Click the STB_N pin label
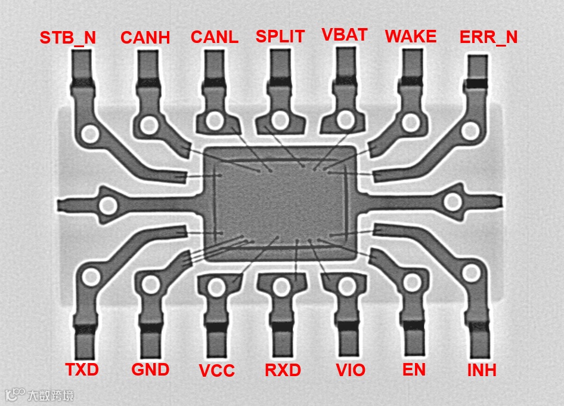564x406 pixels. (67, 38)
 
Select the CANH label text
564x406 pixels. (145, 38)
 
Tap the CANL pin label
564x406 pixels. (214, 36)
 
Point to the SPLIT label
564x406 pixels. (280, 36)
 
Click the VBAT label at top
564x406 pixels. (345, 34)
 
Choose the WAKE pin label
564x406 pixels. (411, 36)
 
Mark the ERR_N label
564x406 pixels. (488, 38)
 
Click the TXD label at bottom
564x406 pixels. (82, 369)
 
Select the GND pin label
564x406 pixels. (150, 370)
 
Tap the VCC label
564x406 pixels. (217, 371)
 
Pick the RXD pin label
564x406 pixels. (283, 370)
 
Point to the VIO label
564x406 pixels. (351, 370)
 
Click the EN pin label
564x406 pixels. (414, 369)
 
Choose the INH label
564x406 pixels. (482, 370)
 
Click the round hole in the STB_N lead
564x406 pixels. (91, 134)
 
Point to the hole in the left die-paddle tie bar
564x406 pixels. (108, 207)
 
